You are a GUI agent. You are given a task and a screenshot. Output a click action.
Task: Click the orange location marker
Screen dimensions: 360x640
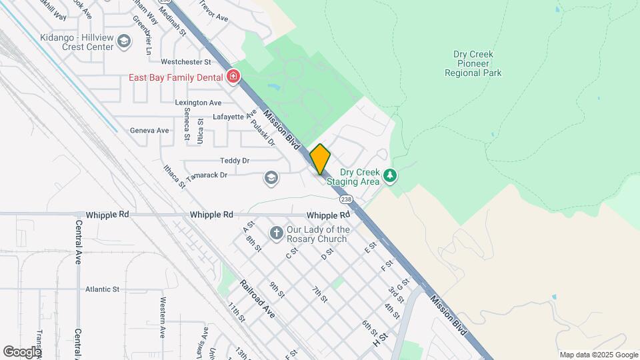click(x=320, y=159)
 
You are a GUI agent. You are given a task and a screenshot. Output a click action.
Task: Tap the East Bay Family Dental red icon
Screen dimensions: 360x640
click(x=233, y=77)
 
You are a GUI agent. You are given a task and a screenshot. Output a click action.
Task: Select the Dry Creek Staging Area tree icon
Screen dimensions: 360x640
click(x=390, y=176)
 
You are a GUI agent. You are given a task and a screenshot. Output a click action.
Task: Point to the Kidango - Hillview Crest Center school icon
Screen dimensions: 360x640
click(x=124, y=41)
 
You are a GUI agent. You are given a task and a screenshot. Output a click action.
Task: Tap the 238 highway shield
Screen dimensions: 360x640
click(x=345, y=199)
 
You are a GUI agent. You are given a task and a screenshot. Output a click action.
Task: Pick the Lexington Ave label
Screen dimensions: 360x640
click(x=198, y=103)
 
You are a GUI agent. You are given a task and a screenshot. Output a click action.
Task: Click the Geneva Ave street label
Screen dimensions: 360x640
click(x=149, y=130)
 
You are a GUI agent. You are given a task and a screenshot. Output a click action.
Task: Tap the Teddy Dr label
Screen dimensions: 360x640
click(x=235, y=161)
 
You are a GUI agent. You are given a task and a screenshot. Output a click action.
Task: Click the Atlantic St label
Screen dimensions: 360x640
click(x=102, y=289)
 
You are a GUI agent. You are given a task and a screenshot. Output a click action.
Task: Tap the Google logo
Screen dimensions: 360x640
click(x=22, y=351)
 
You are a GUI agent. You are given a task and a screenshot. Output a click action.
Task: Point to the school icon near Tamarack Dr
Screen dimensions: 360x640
click(x=271, y=177)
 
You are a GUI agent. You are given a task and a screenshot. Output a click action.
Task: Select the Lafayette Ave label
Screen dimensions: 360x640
click(x=234, y=116)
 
